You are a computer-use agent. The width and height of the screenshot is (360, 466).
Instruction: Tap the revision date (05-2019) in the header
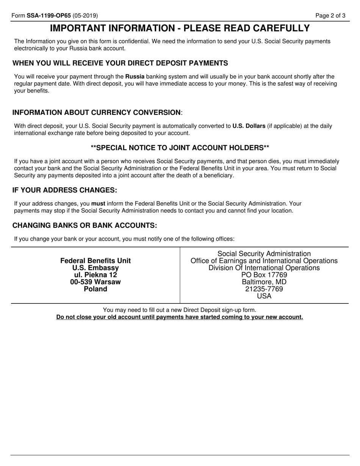85,16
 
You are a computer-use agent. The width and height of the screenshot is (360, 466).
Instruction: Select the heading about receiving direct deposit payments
120,63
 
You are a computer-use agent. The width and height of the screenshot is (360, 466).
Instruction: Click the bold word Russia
135,77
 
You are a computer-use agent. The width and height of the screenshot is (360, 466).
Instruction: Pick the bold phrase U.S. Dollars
249,126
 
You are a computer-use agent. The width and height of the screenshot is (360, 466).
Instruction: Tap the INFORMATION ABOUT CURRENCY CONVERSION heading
97,113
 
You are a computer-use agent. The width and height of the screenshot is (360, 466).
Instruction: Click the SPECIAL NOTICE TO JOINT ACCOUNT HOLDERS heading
180,147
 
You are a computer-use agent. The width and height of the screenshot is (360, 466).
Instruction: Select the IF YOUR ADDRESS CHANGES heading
65,190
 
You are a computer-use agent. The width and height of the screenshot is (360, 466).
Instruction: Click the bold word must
98,203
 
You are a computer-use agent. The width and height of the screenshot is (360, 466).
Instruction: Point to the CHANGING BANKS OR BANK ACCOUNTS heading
85,225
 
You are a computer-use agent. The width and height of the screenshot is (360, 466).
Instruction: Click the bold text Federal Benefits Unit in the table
95,261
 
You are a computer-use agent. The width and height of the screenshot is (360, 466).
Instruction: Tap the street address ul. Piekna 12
95,275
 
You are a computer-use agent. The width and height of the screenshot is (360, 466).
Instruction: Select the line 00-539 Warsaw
95,282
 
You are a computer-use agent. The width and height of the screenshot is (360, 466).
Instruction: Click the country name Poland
95,289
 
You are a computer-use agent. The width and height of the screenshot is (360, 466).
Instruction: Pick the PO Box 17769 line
264,275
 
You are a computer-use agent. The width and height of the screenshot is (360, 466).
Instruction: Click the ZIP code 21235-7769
264,289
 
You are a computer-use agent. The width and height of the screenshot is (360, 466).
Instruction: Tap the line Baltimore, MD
264,282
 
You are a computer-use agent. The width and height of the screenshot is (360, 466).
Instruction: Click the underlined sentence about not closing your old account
180,317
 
